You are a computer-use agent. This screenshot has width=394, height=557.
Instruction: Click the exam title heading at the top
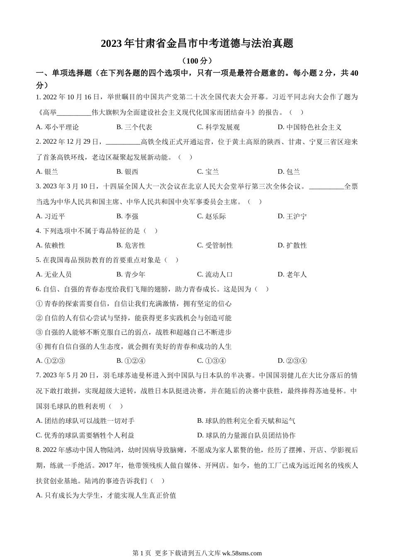coord(197,44)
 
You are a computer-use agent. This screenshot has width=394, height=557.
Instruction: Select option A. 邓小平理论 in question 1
coord(57,127)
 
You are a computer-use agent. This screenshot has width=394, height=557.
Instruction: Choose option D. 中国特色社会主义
coord(309,127)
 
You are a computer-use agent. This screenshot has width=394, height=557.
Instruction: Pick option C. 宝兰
coord(208,172)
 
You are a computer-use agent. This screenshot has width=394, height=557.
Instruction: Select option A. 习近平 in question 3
coord(51,216)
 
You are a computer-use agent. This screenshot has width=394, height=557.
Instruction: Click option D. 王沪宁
coord(292,216)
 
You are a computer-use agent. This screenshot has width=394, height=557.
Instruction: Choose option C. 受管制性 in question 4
coord(215,245)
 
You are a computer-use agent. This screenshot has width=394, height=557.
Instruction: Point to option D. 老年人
coord(292,274)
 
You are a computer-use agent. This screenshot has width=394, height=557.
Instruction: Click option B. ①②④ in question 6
coord(131,361)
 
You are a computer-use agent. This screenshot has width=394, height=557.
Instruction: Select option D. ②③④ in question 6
coord(292,361)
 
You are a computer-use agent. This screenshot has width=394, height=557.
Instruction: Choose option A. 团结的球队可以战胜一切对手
coord(85,421)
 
